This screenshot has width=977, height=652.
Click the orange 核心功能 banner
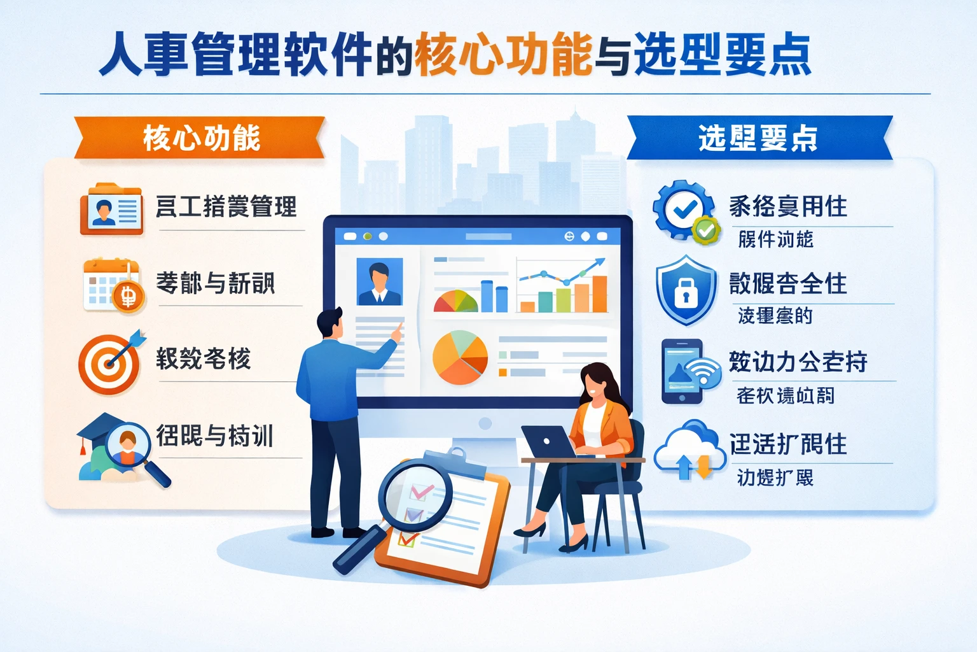click(x=201, y=138)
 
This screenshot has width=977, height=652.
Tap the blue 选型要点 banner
click(x=758, y=138)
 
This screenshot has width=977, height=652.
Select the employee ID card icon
click(x=111, y=209)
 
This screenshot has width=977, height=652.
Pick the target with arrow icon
click(x=111, y=362)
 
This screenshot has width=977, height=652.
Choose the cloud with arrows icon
click(x=689, y=450)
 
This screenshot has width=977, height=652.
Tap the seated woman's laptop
click(x=548, y=442)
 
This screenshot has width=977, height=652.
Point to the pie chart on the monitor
click(x=460, y=357)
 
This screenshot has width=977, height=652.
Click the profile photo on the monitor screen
click(x=380, y=281)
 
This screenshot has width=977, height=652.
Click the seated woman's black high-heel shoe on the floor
click(x=530, y=530)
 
